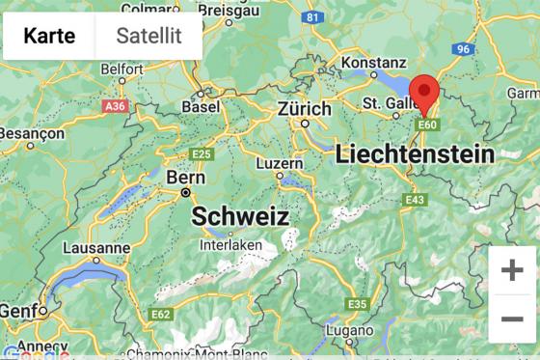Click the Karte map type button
[x=49, y=36]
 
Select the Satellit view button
[x=148, y=36]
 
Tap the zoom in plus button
[x=512, y=269]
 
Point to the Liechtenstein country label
[x=415, y=153]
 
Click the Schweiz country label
[x=240, y=216]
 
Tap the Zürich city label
[x=305, y=109]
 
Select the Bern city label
[x=186, y=178]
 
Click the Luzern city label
[x=280, y=163]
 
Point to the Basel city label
[x=201, y=107]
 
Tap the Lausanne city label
[x=96, y=248]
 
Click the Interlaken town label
[x=231, y=245]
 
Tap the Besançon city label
[x=30, y=132]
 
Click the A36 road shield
[x=115, y=105]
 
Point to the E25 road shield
[x=202, y=154]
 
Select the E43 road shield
[x=416, y=200]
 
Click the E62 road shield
[x=161, y=315]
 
